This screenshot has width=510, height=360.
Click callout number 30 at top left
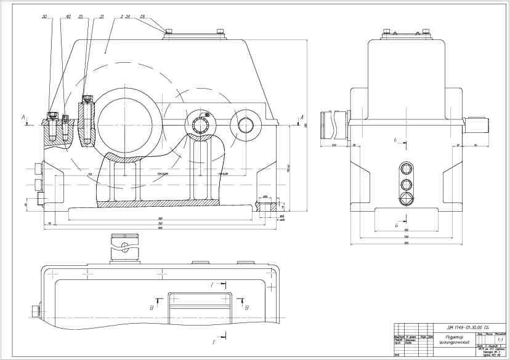point(44,16)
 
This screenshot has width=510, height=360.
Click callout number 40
point(68,16)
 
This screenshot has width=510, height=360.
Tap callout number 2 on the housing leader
point(122,17)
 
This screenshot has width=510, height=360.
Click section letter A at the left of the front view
point(23,116)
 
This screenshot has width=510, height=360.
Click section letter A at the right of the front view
point(302,116)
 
